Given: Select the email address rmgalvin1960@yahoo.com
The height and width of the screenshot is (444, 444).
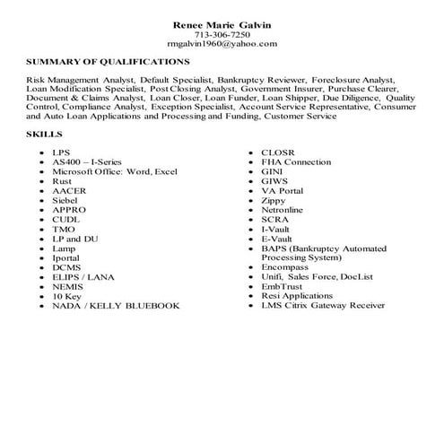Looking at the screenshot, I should pos(222,42).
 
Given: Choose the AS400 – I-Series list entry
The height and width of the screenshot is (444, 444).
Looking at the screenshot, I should pos(88,161).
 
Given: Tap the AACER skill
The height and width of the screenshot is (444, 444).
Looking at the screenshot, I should pos(68,190).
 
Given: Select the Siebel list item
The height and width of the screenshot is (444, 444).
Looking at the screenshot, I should pos(66,200).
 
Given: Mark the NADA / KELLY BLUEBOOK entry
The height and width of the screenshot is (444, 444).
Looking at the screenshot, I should pos(116,305).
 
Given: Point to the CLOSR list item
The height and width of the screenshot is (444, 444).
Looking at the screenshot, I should pos(276,152).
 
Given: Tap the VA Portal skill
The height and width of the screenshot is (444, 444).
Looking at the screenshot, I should pos(283,190).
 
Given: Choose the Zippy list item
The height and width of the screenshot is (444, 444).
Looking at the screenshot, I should pos(274,200).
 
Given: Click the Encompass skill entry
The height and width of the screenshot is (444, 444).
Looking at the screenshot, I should pos(284,266).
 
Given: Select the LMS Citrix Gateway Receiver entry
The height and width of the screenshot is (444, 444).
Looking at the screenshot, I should pos(323,305).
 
